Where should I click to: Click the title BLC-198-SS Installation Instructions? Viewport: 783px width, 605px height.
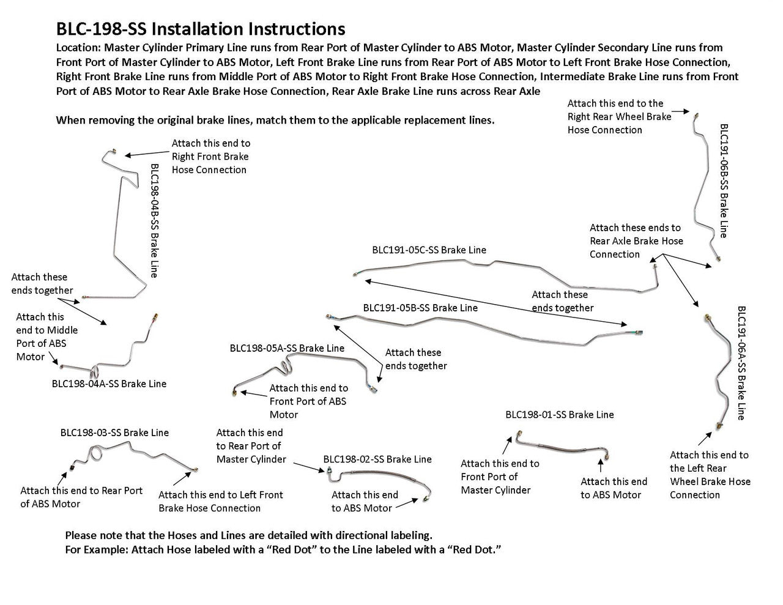[x=200, y=29]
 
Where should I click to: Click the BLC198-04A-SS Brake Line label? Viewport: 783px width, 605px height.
[x=109, y=384]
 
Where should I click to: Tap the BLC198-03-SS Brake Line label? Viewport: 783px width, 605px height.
[x=114, y=432]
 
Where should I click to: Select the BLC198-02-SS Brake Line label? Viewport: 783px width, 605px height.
[x=377, y=459]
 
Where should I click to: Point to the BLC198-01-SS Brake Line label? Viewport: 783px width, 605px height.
[x=559, y=414]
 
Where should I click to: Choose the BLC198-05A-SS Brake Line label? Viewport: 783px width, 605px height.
[x=287, y=348]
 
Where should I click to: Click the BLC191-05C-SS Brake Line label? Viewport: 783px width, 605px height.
[x=429, y=250]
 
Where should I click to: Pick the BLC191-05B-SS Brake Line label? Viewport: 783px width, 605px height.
[x=420, y=308]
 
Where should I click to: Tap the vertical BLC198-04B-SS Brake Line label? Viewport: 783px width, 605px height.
[x=154, y=220]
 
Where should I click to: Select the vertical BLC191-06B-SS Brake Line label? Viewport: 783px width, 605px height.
[x=724, y=180]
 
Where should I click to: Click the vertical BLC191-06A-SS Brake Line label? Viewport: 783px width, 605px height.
[x=741, y=363]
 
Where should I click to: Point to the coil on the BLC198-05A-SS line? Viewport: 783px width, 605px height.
[x=285, y=367]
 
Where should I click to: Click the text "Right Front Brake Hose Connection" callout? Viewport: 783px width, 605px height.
[x=210, y=156]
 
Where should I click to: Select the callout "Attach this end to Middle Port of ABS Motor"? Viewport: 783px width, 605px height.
[x=46, y=336]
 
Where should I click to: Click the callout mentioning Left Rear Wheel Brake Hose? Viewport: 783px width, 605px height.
[x=710, y=475]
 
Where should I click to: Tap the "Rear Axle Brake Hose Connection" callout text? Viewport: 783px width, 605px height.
[x=636, y=240]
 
